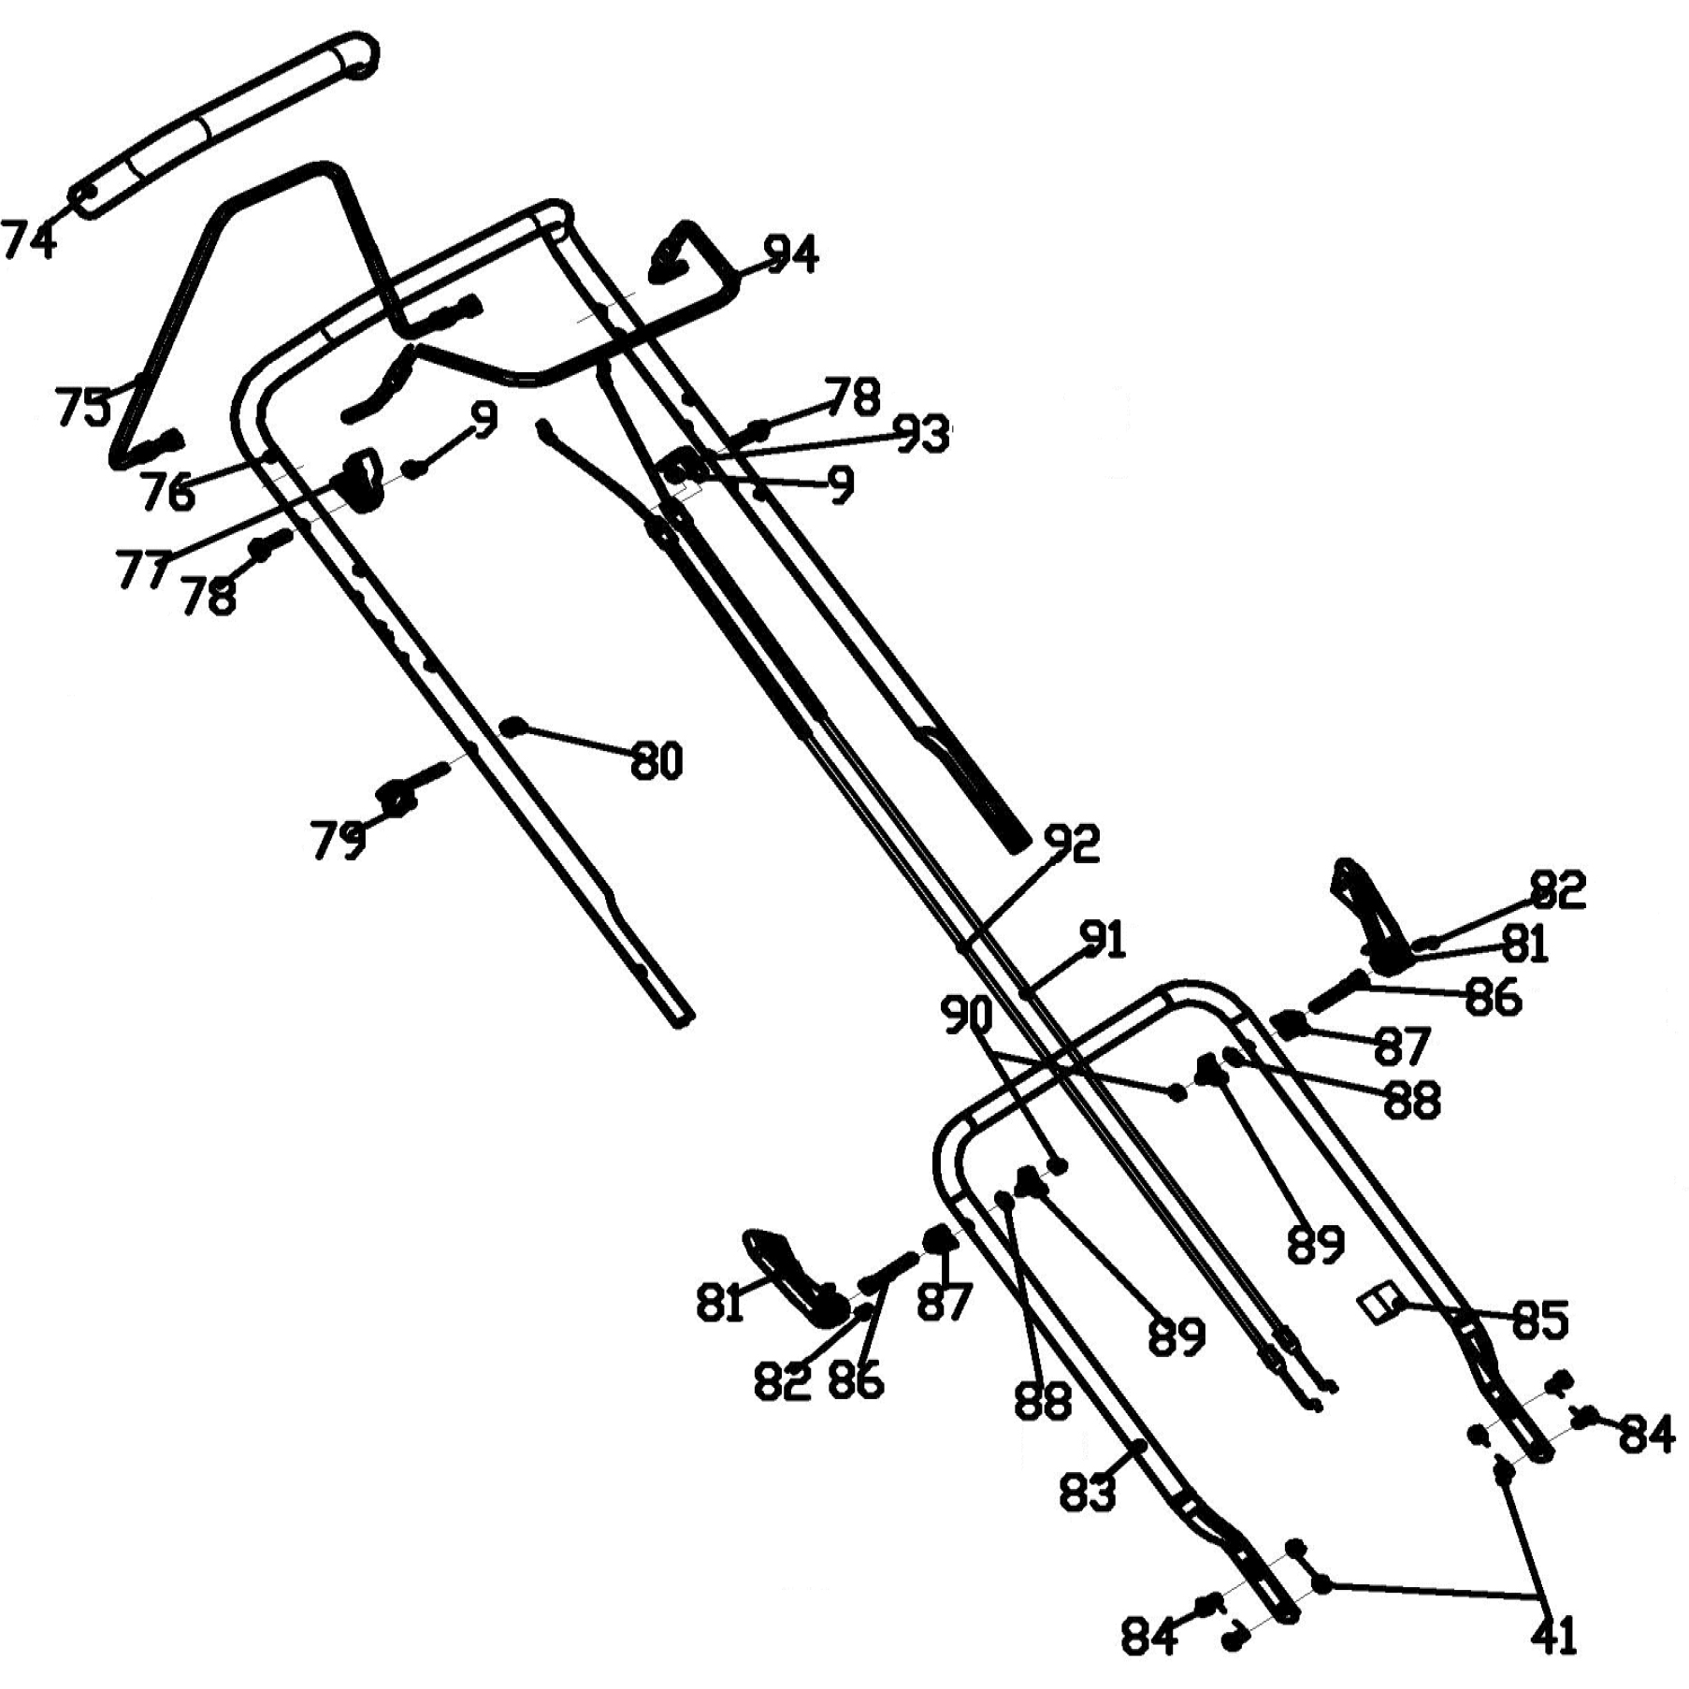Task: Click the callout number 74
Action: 29,239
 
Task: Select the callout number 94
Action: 791,253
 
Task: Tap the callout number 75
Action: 82,406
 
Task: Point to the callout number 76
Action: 168,490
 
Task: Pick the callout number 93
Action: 921,435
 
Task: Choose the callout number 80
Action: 657,761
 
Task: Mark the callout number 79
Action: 337,840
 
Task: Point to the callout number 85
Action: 1539,1320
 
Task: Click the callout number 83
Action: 1088,1492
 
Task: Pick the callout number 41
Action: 1555,1635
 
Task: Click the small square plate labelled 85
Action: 1379,1306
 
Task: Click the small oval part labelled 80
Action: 513,726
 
